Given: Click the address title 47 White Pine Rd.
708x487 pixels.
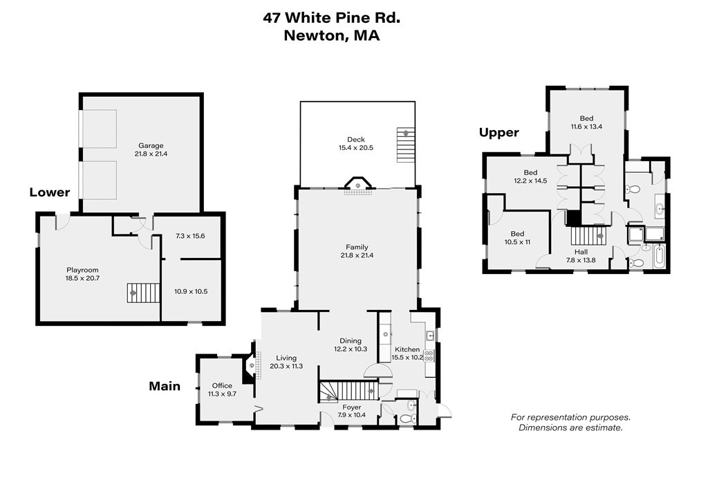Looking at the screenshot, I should [x=331, y=18].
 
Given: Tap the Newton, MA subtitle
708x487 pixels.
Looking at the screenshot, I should [x=331, y=36].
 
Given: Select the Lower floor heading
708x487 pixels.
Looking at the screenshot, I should [x=50, y=192].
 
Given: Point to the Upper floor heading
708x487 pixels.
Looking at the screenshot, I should [x=499, y=133].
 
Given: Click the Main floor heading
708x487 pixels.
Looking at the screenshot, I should [x=165, y=386].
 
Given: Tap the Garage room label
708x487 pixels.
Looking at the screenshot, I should [x=151, y=145].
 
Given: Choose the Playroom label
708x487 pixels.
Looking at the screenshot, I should [x=82, y=270].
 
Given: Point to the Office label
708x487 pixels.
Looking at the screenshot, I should [x=222, y=385].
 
